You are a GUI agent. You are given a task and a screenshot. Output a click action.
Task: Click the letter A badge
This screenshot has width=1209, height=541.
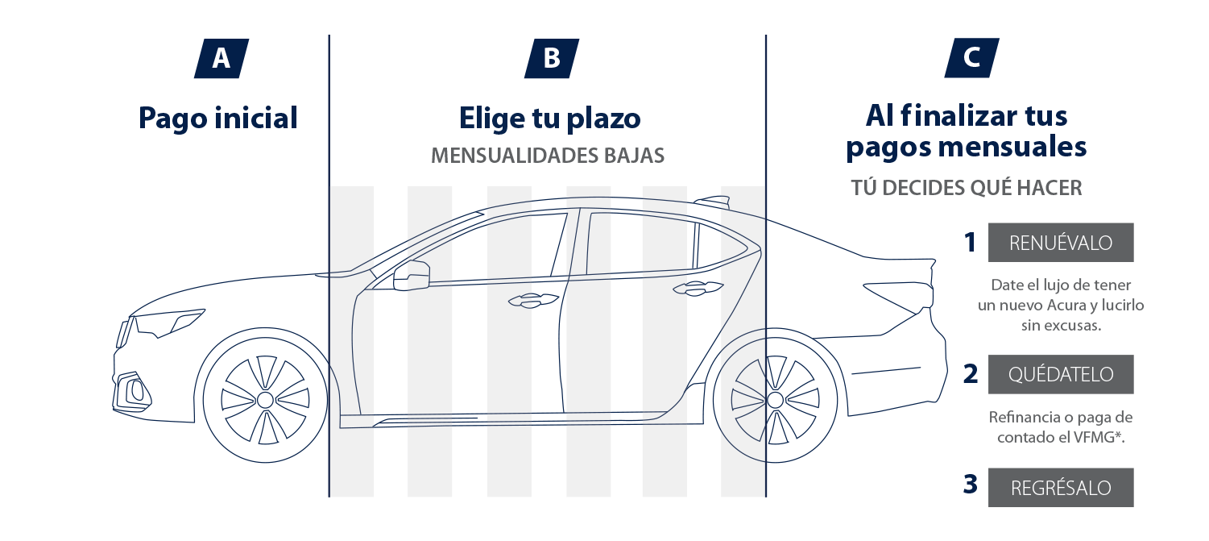point(221,59)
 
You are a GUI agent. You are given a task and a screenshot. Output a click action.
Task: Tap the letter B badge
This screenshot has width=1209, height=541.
point(552,59)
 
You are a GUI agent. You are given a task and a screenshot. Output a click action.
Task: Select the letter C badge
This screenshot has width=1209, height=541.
point(971,59)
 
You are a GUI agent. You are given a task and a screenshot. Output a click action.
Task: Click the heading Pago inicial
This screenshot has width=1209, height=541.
point(218,119)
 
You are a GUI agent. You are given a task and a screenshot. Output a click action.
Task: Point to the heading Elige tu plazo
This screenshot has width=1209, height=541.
point(549,119)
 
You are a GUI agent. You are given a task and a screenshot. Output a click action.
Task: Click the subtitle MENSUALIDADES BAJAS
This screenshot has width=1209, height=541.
point(548,156)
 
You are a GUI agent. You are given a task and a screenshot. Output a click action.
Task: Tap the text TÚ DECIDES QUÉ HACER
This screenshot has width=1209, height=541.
point(966,188)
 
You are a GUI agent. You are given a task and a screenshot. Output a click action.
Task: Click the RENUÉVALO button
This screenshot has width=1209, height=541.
point(1061,243)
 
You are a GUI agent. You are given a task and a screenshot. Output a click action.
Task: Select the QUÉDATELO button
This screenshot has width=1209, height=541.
point(1061,375)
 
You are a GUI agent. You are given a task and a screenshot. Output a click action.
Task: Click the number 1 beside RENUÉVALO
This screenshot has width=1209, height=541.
point(971,243)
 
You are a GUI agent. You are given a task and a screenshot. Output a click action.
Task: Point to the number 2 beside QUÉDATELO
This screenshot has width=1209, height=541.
point(971,374)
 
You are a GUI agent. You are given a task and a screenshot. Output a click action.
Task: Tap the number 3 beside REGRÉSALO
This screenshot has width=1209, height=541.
point(971,485)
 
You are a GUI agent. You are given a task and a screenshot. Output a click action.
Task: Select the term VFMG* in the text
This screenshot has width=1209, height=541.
point(1102,438)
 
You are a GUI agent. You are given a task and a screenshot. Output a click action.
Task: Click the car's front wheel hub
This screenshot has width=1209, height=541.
point(265,400)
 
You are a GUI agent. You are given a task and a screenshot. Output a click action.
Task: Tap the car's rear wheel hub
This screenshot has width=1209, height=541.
point(775,400)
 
